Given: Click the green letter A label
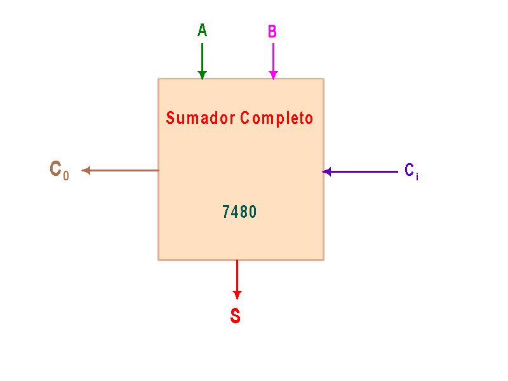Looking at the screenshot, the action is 202,30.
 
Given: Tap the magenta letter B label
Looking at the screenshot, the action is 272,31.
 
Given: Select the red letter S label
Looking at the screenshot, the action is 236,316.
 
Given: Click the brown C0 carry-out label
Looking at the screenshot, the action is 59,170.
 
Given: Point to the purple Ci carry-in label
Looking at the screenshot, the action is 411,171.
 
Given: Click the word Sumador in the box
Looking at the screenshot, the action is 201,117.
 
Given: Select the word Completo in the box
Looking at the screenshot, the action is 277,119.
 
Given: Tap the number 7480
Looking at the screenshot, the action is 239,212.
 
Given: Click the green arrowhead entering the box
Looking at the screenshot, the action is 202,76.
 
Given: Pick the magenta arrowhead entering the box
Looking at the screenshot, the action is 273,76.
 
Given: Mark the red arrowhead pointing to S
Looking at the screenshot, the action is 237,295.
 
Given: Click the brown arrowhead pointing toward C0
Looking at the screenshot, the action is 86,170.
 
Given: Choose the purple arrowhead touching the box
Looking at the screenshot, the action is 326,171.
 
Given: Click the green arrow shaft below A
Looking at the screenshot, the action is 202,58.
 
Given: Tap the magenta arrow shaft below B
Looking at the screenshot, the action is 273,58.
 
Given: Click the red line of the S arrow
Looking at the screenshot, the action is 237,276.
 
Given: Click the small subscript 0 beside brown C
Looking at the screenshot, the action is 66,176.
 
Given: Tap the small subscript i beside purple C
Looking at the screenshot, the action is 417,177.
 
